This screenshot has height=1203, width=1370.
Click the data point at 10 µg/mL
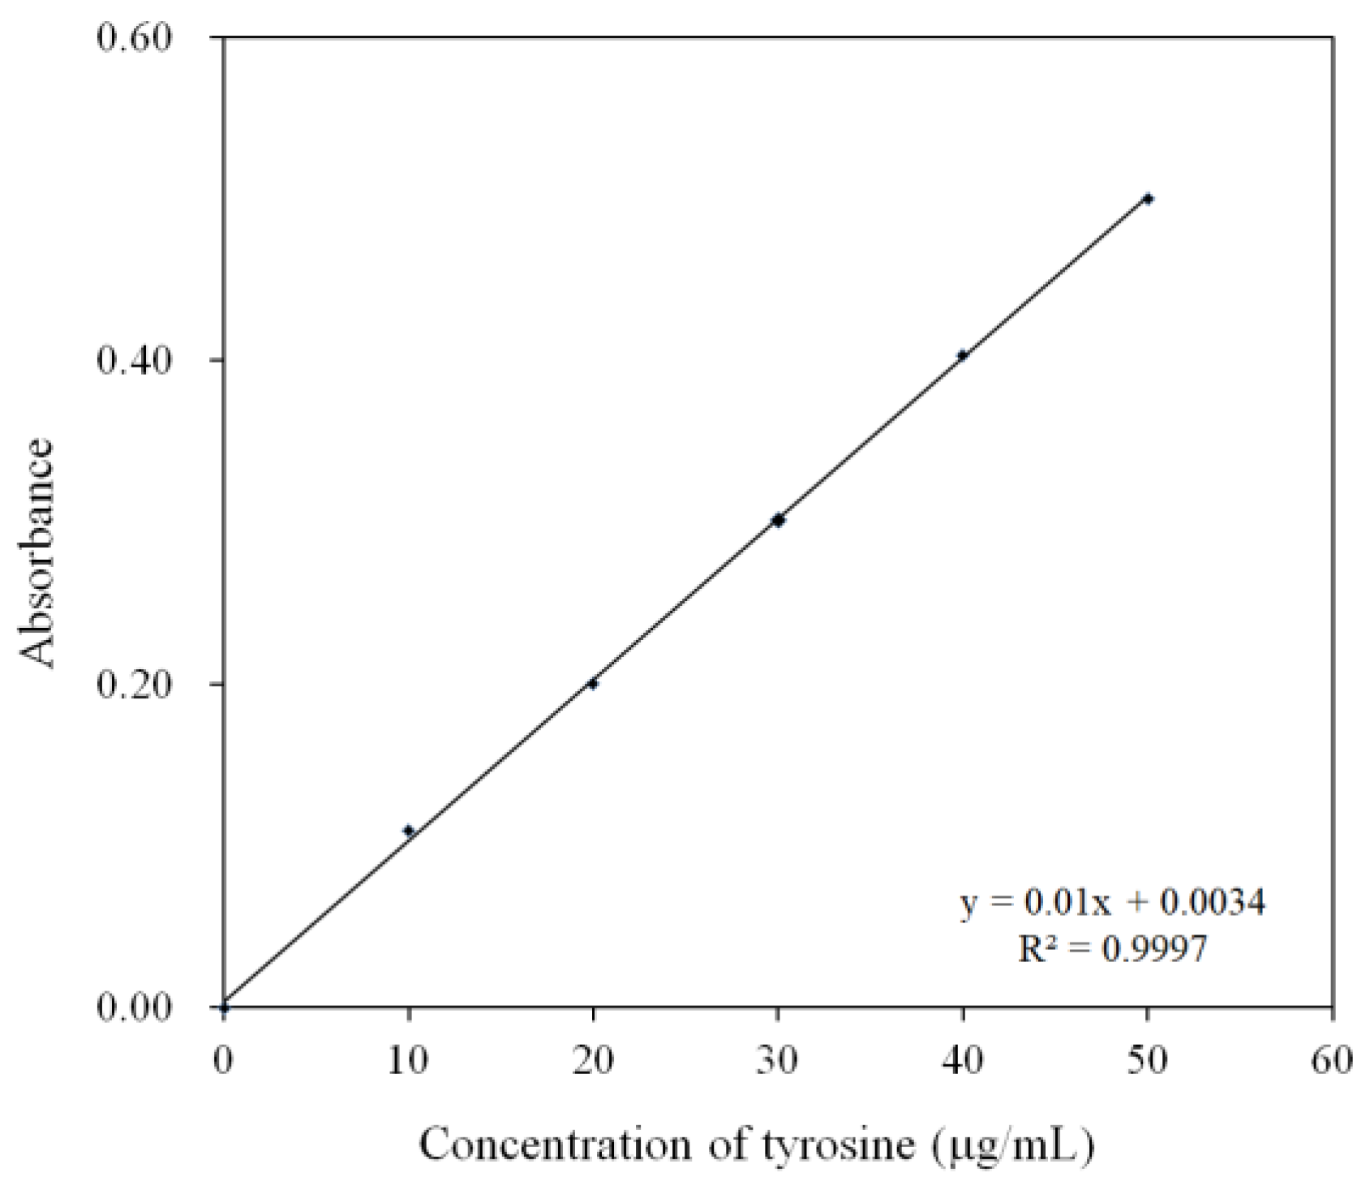409,830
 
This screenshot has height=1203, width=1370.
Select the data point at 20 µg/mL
593,684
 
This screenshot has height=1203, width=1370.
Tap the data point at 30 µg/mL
778,520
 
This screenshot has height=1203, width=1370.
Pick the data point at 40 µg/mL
963,355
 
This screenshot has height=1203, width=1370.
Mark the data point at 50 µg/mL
1148,199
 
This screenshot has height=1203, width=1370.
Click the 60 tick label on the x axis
1333,1060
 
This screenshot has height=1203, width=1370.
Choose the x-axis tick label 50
1148,1060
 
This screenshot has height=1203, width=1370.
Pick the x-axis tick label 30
778,1060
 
